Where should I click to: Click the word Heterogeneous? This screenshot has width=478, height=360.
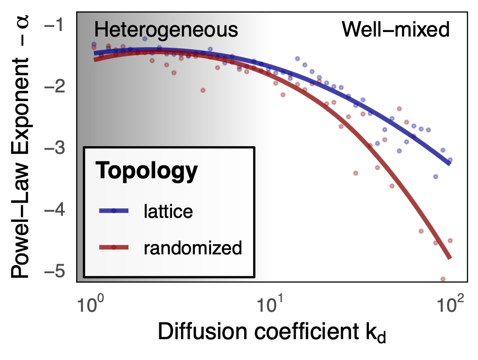[166, 30]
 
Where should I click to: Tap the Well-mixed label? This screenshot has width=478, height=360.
[395, 30]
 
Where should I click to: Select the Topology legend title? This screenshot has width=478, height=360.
[146, 172]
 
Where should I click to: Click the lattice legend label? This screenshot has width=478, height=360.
[168, 211]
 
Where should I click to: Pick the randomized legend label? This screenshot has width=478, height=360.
[192, 248]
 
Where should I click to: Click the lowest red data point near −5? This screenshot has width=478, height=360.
[442, 279]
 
